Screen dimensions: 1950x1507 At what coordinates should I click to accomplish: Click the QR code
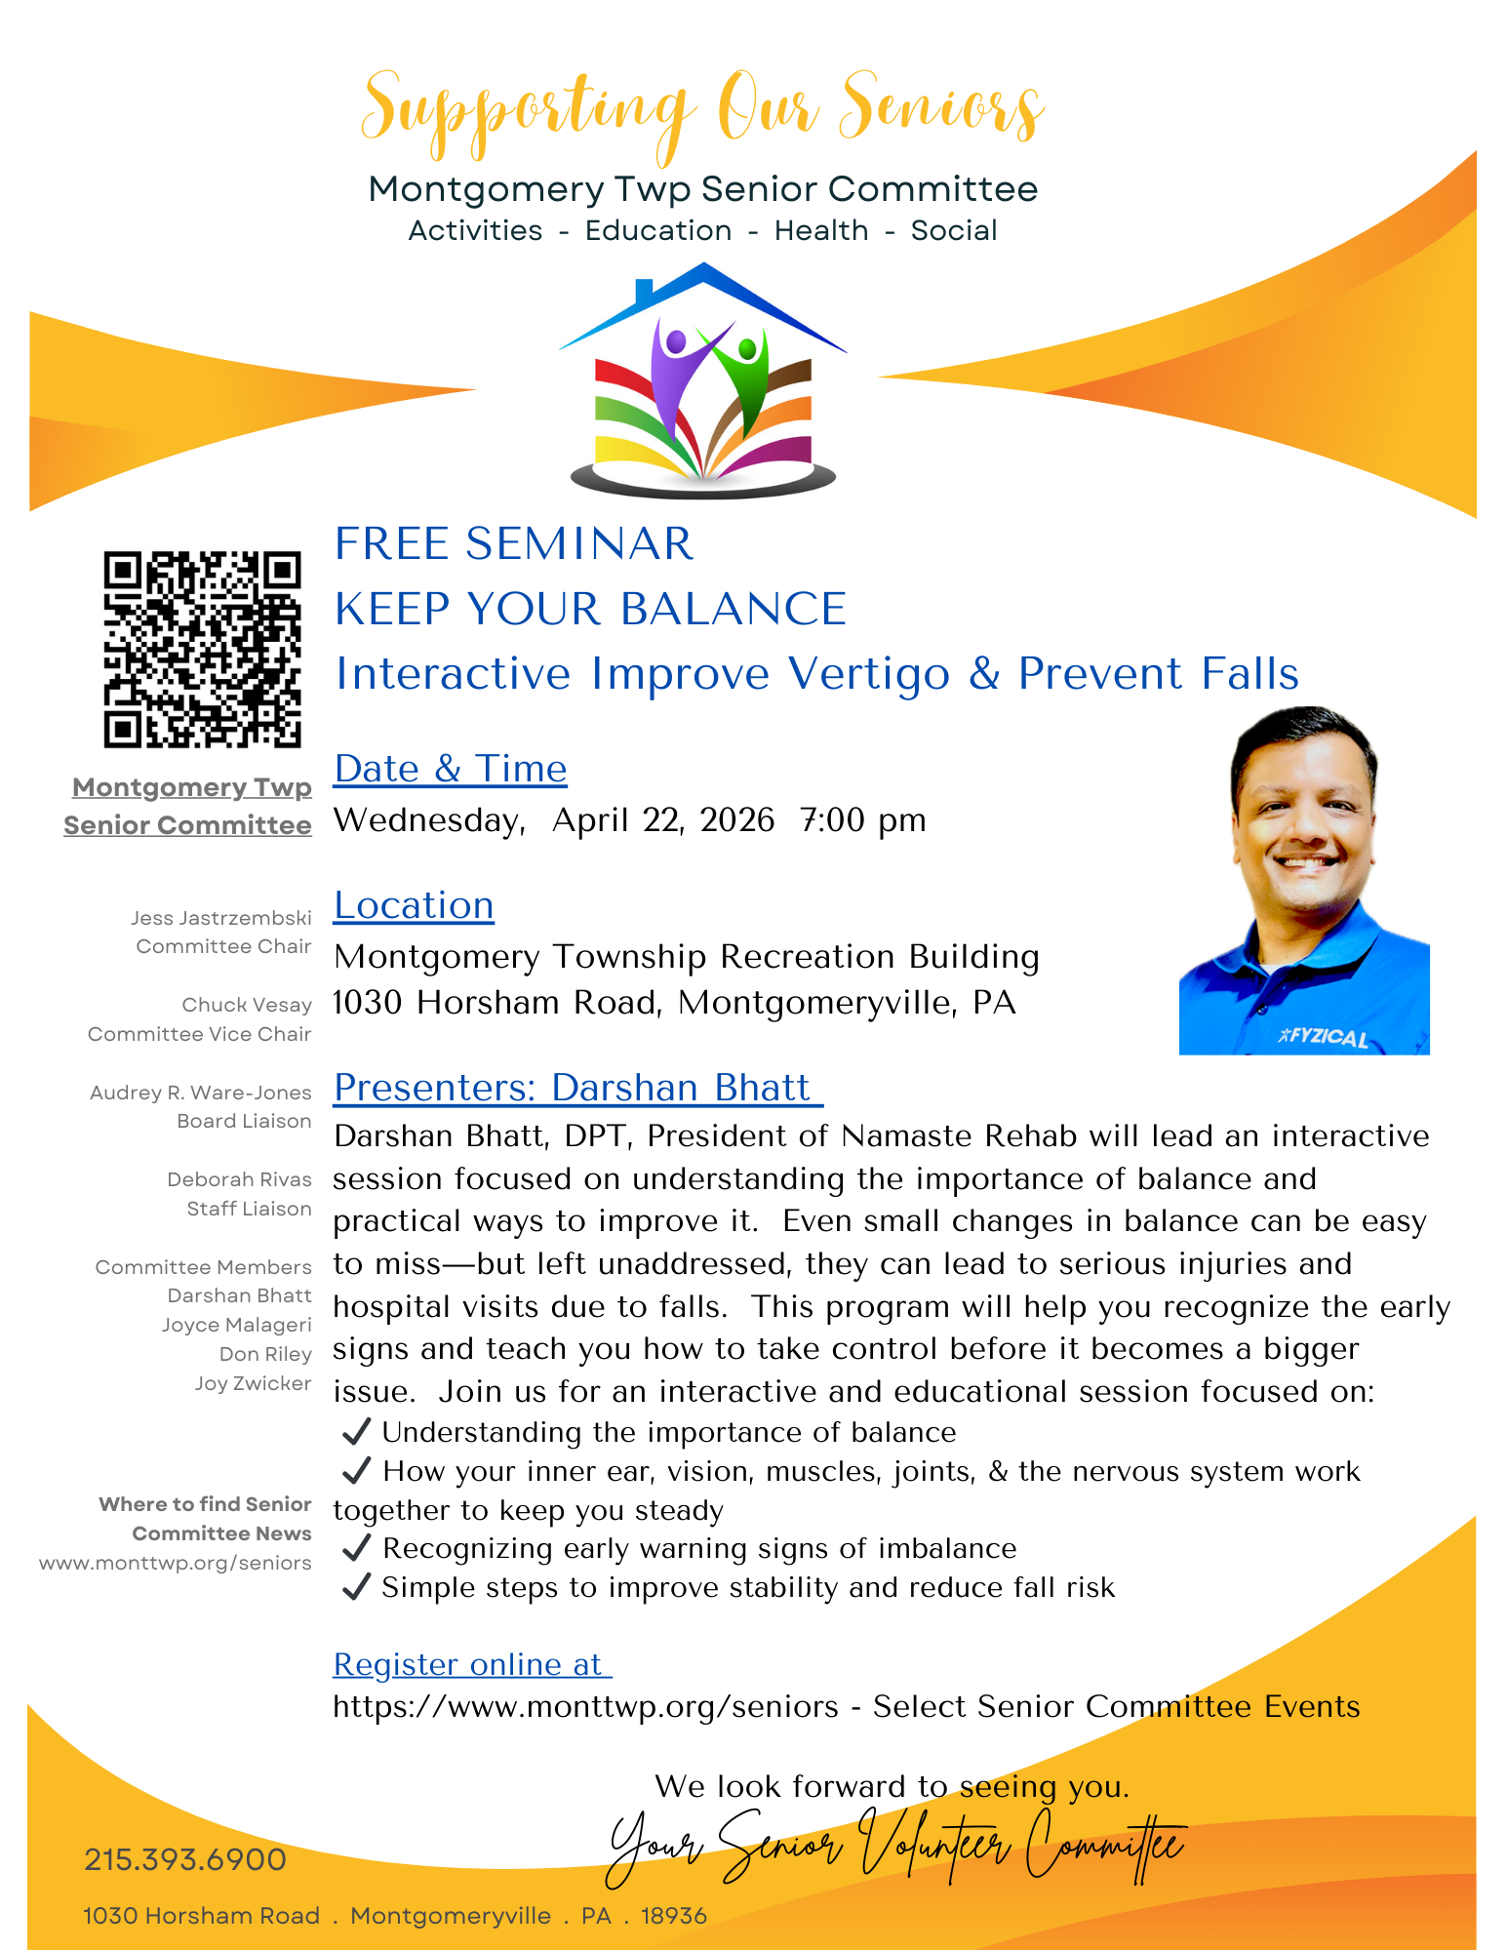202,650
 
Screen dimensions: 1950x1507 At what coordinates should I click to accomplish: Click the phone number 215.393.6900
185,1859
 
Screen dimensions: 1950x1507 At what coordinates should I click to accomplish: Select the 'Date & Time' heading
450,769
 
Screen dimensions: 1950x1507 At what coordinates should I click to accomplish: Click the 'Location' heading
414,905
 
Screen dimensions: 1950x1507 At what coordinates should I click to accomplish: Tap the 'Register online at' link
471,1664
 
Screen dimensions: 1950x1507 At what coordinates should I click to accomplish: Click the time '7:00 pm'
862,820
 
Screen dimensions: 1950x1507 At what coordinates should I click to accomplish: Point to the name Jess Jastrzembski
221,918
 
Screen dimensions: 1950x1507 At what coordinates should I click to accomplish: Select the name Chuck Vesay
247,1005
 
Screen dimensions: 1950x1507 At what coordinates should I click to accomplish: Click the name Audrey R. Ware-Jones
201,1093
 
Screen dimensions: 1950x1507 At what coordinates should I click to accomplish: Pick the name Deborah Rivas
239,1179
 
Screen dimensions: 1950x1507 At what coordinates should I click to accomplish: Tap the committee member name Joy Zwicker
253,1383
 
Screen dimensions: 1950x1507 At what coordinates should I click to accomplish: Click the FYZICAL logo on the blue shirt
1324,1036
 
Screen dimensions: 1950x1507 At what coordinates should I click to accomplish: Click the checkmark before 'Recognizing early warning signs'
357,1548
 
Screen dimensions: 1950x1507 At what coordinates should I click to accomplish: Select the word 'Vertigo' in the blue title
868,674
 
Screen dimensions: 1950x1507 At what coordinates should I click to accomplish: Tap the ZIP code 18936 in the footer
673,1916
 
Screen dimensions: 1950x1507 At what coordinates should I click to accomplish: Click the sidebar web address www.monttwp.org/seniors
176,1563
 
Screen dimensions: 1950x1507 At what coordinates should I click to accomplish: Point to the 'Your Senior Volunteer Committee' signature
895,1847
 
